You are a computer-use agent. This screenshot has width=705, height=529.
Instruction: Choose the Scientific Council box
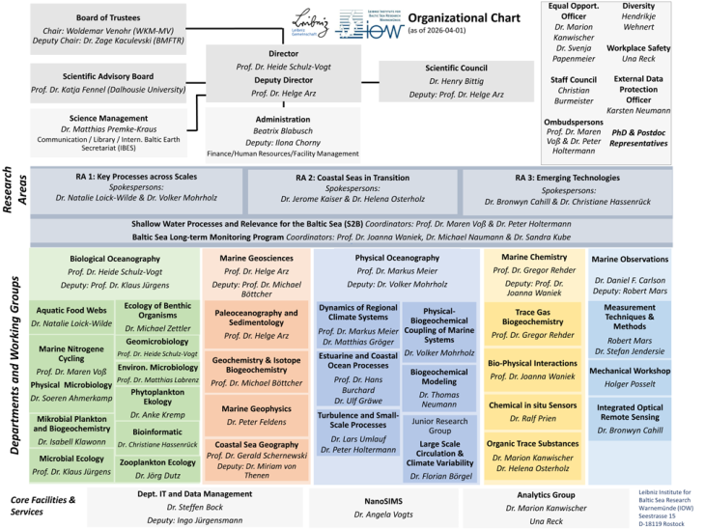pos(457,81)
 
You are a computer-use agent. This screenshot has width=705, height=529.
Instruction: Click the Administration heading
pos(284,119)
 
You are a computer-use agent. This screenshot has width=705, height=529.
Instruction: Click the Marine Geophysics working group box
pos(257,415)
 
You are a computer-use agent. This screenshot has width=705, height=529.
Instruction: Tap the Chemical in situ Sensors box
pos(532,412)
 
